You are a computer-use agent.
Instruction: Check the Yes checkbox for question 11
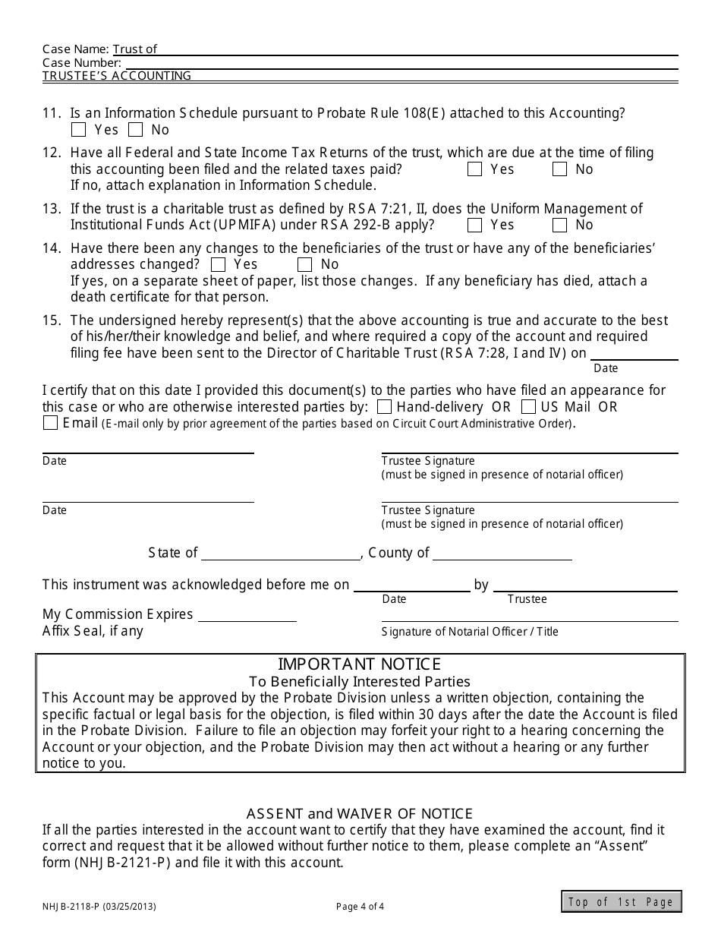click(x=78, y=130)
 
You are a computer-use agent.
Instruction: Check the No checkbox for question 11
click(x=135, y=130)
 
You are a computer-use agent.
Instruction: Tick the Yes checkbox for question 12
click(x=475, y=169)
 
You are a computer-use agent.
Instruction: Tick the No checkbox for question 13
click(x=560, y=225)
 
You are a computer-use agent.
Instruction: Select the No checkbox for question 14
click(x=305, y=264)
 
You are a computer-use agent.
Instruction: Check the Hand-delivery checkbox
click(x=385, y=407)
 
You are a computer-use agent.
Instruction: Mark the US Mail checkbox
click(x=529, y=407)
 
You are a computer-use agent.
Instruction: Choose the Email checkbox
click(x=51, y=423)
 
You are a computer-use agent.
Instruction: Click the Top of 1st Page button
click(x=622, y=901)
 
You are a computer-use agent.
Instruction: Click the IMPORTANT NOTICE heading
click(x=359, y=664)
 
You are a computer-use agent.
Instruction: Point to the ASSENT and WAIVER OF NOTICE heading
click(x=359, y=814)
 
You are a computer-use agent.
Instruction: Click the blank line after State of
click(x=280, y=554)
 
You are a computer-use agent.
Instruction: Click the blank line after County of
click(x=502, y=554)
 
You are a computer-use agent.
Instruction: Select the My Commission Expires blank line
click(x=243, y=615)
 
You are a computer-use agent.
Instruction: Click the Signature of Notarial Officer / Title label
click(x=470, y=632)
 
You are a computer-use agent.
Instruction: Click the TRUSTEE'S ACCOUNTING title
click(x=117, y=76)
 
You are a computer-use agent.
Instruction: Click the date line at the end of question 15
click(x=634, y=353)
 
